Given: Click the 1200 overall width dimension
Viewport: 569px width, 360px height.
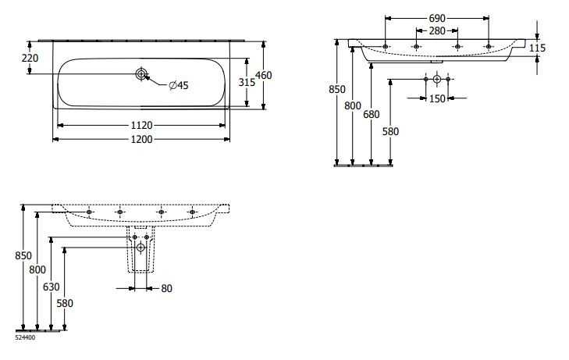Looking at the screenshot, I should pos(141,139).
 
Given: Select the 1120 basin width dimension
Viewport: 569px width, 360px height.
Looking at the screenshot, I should pos(141,125).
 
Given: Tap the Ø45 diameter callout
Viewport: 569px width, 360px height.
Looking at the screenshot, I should pos(179,85).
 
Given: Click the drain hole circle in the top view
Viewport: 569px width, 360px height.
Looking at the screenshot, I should pos(141,74).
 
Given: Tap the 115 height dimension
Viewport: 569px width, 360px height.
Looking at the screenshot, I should pos(536,48).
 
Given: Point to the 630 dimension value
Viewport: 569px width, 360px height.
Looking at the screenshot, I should pos(50,287).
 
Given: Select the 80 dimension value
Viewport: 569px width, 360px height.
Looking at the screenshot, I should pos(166,288).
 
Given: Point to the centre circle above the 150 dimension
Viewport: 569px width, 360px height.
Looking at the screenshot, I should pos(436,80).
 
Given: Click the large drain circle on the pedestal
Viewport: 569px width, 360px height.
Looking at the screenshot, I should pos(140,248).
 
